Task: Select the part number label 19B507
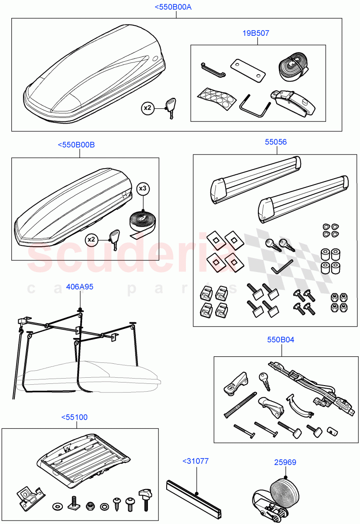[x=256, y=33]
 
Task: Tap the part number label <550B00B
[x=76, y=145]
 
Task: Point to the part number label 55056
[x=276, y=142]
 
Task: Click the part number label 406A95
[x=79, y=287]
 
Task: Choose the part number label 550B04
[x=280, y=339]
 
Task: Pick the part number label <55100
[x=74, y=417]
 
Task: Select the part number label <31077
[x=195, y=460]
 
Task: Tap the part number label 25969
[x=285, y=462]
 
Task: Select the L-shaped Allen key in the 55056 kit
[x=281, y=267]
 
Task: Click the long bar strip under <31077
[x=195, y=498]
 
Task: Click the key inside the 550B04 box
[x=264, y=381]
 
